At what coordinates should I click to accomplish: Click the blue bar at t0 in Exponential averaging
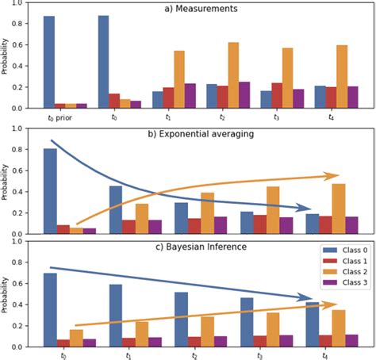(x=49, y=191)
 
